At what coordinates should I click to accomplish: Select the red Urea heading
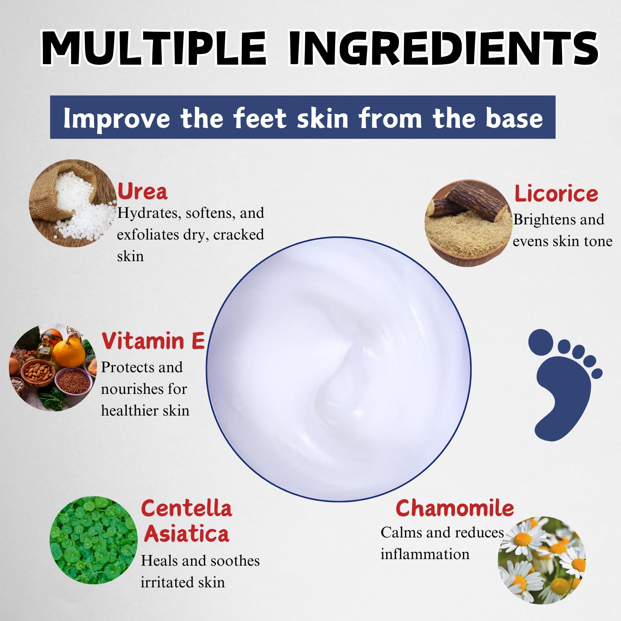tap(142, 191)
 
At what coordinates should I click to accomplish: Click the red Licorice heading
tap(556, 193)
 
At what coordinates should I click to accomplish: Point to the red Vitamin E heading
tap(153, 341)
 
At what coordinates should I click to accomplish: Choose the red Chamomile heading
tap(455, 508)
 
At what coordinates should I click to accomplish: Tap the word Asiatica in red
tap(186, 534)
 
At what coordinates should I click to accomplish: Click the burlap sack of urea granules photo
tap(73, 204)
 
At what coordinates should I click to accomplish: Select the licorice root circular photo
tap(468, 223)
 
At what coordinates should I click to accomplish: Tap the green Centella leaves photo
tap(94, 540)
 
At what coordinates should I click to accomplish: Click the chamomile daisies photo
tap(542, 560)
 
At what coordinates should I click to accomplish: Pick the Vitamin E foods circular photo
tap(53, 368)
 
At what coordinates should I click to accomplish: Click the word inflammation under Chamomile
tap(425, 554)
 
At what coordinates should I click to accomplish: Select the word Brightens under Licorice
tap(544, 220)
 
